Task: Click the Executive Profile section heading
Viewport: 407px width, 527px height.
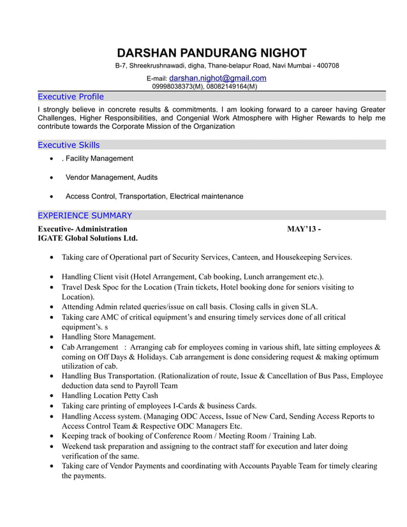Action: (70, 97)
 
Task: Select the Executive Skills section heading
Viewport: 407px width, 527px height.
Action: (68, 145)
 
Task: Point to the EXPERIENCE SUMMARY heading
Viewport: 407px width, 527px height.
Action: (85, 216)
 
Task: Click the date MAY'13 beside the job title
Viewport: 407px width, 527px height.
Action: (300, 228)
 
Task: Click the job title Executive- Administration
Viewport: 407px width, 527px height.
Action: (82, 228)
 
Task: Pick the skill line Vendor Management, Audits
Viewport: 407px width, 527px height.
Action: (112, 177)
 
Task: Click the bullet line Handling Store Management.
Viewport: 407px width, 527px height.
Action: (108, 337)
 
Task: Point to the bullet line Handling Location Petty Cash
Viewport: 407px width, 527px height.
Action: (110, 396)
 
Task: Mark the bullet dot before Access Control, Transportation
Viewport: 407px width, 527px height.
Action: (51, 197)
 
